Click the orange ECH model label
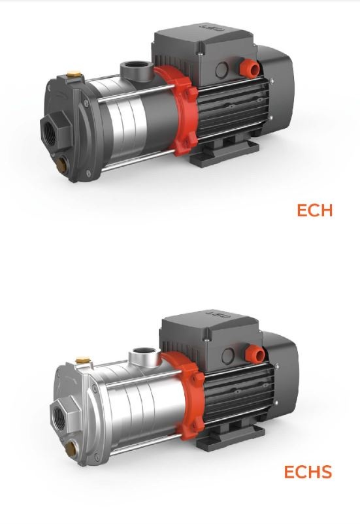point(314,210)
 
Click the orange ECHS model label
point(308,472)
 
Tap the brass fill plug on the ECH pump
point(74,74)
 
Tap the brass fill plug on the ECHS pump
point(82,361)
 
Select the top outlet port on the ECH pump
point(137,69)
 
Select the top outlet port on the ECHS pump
point(145,355)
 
